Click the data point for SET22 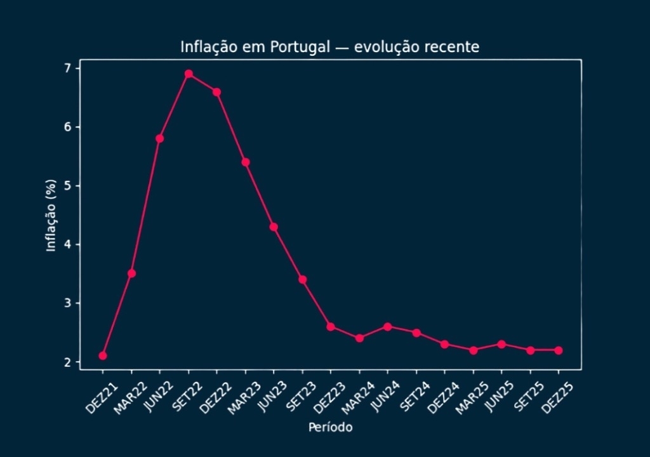189,74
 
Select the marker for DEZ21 103,355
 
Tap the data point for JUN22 160,138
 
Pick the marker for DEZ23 331,326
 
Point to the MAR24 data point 359,338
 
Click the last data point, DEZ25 559,350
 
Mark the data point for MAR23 246,162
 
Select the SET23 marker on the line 303,279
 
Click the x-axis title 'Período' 330,427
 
